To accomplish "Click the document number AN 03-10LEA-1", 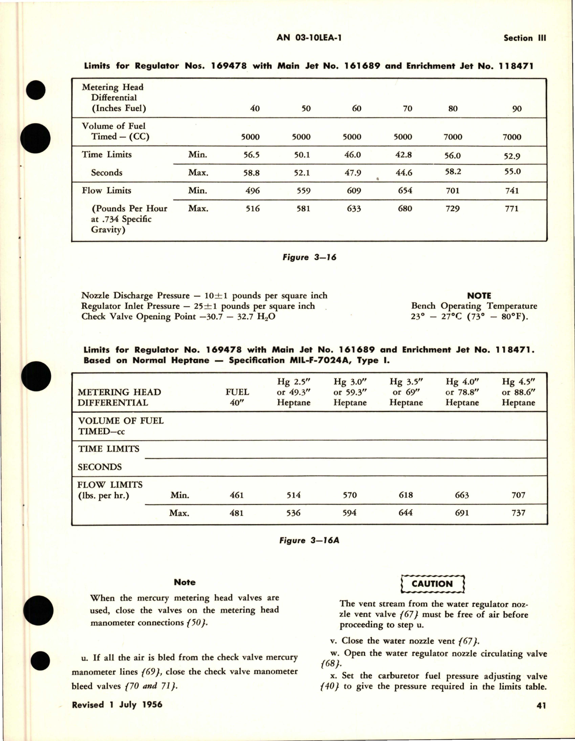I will pos(309,38).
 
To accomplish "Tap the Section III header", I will pos(524,38).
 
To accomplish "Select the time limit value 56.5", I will pos(251,155).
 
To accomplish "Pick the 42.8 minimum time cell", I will pos(403,155).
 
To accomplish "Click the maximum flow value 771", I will pos(512,209).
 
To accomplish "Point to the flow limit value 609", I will pos(354,191).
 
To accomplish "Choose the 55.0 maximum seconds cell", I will pos(512,172).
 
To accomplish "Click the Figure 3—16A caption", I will pos(309,540).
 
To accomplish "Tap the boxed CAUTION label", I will pos(432,584).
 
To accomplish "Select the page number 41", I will pos(541,705).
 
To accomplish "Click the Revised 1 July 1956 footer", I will pos(117,704).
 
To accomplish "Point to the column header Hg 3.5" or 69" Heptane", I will pos(406,392).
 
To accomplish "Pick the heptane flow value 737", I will pos(518,513).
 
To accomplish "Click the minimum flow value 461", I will pos(236,495).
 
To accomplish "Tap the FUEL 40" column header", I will pos(237,397).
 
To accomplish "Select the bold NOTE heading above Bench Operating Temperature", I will pos(479,295).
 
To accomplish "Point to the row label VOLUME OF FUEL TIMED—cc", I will pos(121,426).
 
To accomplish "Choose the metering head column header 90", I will pos(517,108).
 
